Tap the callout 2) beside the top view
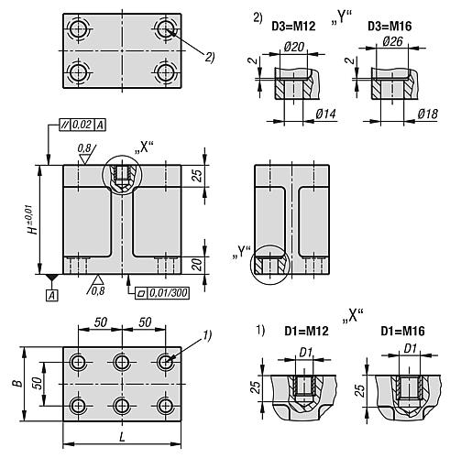point(209,59)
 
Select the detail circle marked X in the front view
point(122,175)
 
